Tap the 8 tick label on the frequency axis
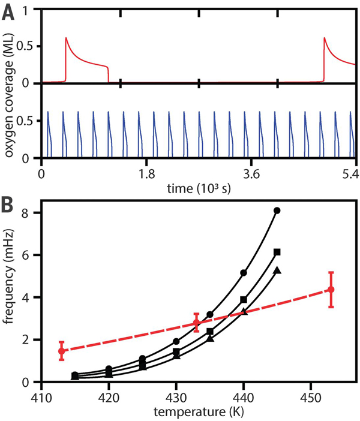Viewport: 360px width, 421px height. (26, 213)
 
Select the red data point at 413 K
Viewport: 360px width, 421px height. (61, 351)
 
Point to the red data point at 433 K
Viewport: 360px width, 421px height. (196, 323)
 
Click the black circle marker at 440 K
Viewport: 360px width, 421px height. (244, 273)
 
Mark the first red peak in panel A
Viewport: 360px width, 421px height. (66, 38)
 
